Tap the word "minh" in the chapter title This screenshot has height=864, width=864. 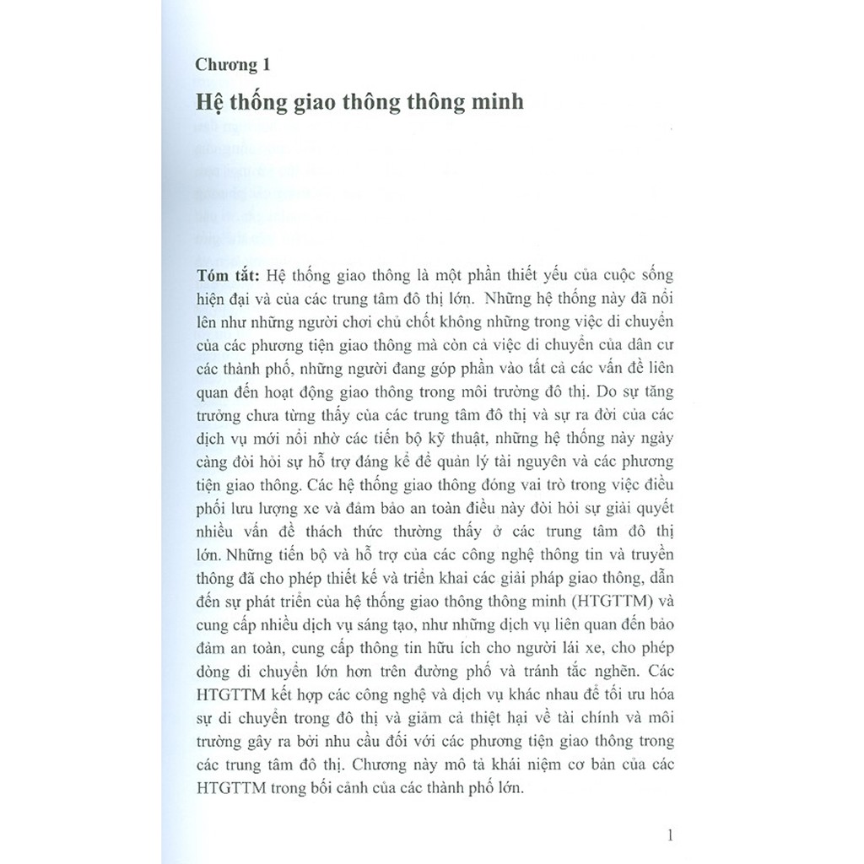(x=494, y=102)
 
